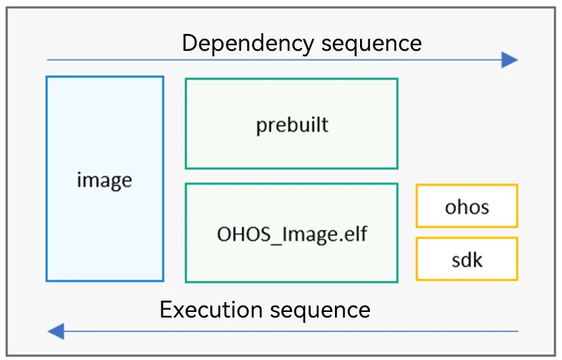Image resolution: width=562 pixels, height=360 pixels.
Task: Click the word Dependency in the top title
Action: pos(248,45)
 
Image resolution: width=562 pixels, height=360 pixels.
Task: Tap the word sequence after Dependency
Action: pos(371,45)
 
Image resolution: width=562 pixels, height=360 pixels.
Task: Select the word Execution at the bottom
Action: pos(211,309)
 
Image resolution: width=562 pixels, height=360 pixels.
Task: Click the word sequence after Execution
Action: pos(320,311)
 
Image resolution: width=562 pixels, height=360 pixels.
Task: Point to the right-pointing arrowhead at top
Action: pos(510,60)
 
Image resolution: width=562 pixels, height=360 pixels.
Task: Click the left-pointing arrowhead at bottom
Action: pos(56,331)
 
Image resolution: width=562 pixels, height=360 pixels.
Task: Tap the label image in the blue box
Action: pos(104,180)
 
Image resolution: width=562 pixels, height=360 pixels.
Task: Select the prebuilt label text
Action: pos(292,125)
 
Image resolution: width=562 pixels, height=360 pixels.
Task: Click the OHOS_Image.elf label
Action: pos(292,235)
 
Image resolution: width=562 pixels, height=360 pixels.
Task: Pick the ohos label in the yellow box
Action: pos(467,207)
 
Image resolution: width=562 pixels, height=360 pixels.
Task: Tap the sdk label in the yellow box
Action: pos(467,260)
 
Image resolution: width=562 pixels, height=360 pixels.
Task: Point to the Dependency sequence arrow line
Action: pos(283,60)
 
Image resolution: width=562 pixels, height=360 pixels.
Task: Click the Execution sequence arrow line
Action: pos(283,331)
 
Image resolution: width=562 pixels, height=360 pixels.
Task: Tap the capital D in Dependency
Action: pos(190,43)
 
